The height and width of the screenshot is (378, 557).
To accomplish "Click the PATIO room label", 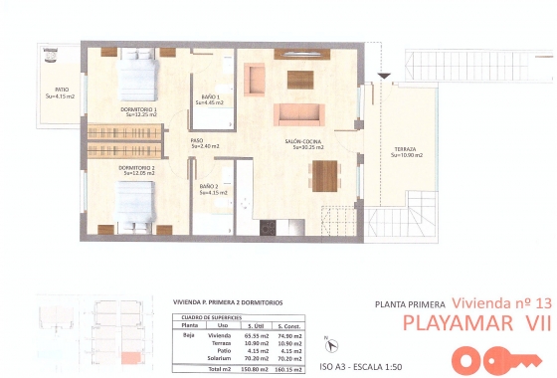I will [x=62, y=93].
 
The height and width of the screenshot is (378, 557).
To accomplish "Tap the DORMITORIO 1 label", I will [x=138, y=110].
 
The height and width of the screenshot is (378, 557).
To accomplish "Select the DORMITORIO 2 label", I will [x=136, y=170].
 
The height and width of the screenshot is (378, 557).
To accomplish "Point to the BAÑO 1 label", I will [x=210, y=98].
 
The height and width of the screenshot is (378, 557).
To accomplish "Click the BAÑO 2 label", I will [x=208, y=188].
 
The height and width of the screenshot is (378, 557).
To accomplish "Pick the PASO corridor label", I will [x=197, y=143].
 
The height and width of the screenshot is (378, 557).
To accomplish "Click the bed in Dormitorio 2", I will [x=135, y=208].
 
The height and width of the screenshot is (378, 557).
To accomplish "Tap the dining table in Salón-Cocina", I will [x=324, y=175].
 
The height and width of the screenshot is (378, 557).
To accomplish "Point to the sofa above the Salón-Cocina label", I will [x=297, y=113].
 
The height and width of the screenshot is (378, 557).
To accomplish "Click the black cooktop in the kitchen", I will [x=267, y=228].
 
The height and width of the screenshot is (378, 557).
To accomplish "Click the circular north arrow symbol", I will [x=332, y=343].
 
